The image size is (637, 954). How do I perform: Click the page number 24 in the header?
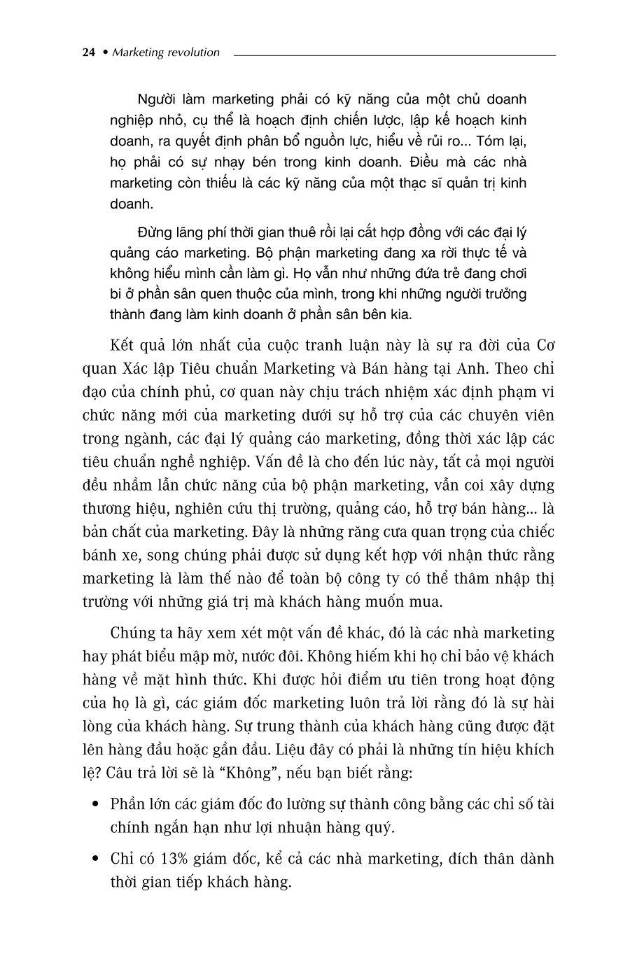[x=88, y=52]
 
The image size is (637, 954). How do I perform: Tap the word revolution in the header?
[x=193, y=52]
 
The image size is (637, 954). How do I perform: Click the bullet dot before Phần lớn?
[x=95, y=804]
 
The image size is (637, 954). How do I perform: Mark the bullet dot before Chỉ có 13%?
[x=95, y=859]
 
